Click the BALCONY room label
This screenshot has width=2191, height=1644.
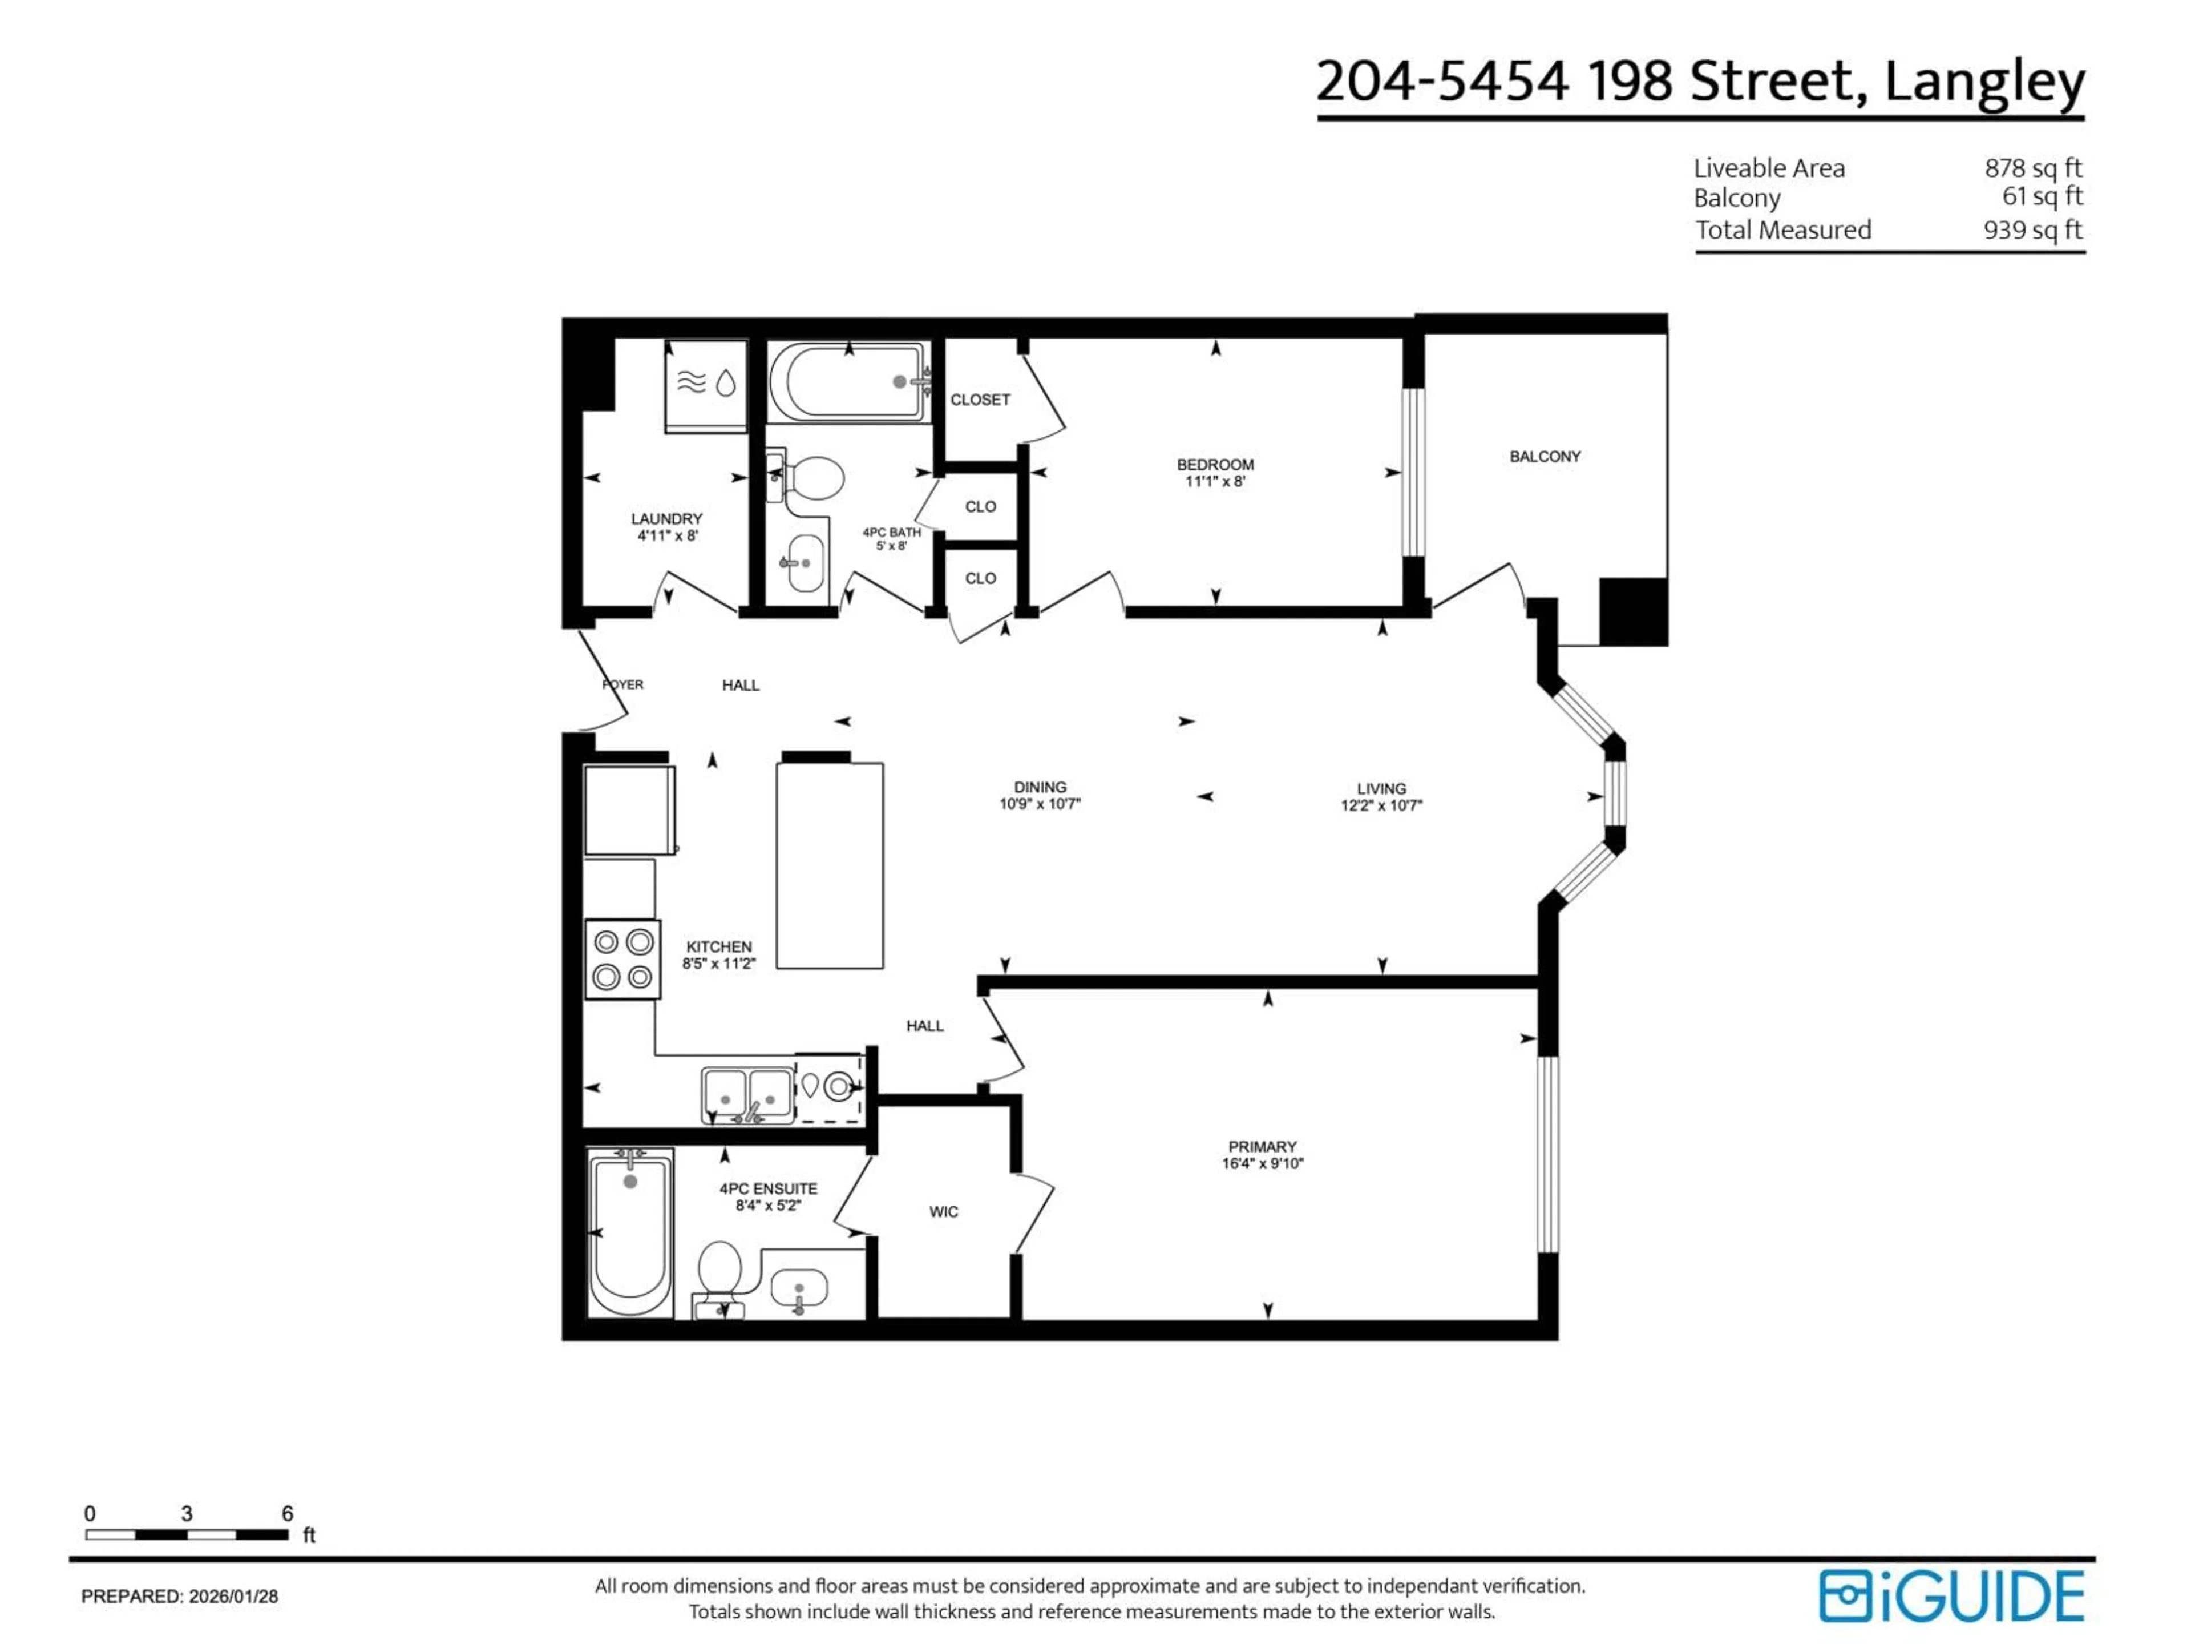point(1544,457)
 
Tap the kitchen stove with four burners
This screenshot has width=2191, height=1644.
point(622,958)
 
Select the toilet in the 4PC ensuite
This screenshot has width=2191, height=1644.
point(720,1274)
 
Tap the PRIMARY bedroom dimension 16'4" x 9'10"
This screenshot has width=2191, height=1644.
point(1262,1163)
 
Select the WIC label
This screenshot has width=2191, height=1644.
point(943,1212)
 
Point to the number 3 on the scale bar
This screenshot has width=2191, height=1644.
point(186,1513)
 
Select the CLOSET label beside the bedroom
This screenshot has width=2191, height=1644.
point(980,400)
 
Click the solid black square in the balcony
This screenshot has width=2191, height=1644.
point(1634,611)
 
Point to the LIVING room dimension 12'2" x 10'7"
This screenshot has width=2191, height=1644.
point(1381,805)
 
